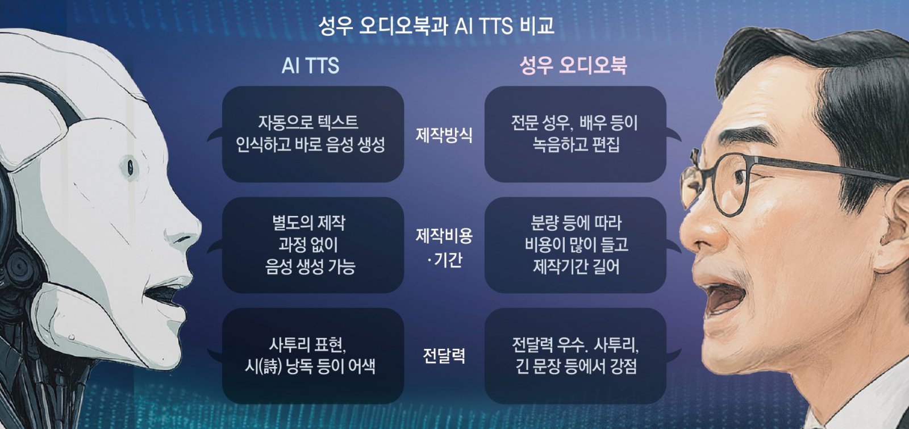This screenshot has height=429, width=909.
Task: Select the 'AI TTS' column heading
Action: click(310, 66)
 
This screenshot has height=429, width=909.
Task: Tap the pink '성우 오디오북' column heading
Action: click(573, 65)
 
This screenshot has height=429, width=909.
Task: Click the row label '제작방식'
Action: click(444, 134)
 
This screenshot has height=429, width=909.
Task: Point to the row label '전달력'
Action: click(444, 356)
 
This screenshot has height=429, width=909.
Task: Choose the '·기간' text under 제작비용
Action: click(444, 260)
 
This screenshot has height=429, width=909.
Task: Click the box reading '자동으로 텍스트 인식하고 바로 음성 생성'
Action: click(312, 134)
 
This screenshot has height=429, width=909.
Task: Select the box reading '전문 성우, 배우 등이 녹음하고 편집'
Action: click(575, 134)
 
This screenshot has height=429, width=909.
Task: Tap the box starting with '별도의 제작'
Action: click(312, 245)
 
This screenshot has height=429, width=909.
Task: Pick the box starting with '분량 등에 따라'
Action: click(575, 245)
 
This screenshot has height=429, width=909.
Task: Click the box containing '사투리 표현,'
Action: click(312, 356)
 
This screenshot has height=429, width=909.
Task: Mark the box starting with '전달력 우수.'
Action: click(575, 356)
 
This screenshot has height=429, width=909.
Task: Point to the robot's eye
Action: click(131, 166)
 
